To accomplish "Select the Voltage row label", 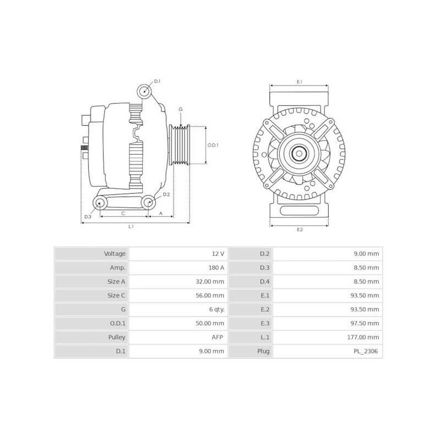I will [115, 254].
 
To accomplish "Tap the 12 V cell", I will [218, 254].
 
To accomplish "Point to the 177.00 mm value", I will [364, 337].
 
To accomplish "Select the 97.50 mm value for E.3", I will [367, 323].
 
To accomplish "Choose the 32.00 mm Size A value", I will [211, 282].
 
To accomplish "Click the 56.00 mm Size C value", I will [211, 296].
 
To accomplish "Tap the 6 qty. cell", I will [215, 309].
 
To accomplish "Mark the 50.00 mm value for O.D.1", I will [211, 323].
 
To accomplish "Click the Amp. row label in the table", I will [117, 268].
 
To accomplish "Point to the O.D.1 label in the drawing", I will [213, 145].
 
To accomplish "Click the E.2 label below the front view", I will [300, 229].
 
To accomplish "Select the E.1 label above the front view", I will [300, 82].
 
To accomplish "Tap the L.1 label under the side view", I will [132, 226].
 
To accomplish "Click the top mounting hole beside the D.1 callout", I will [144, 92].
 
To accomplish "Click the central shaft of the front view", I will [299, 154].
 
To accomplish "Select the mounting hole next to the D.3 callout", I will [100, 204].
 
